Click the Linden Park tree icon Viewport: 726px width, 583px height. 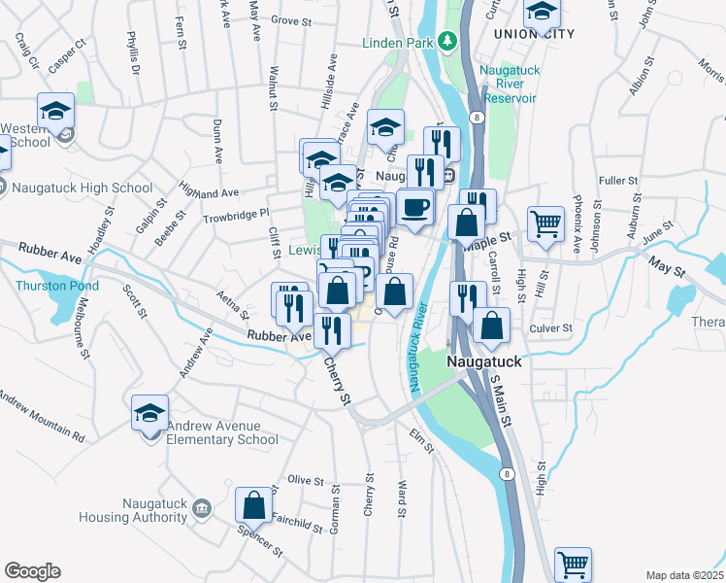446,41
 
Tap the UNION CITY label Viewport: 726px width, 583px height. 534,34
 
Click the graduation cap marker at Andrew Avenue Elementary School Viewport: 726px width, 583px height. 150,413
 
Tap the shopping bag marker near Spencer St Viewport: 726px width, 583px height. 253,505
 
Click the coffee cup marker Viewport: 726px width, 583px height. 415,207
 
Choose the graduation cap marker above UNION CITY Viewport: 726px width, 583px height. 542,12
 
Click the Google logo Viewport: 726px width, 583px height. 32,571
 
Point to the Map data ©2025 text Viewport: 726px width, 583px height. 683,575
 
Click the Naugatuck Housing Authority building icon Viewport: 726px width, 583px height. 202,508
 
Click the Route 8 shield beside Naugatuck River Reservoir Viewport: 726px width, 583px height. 478,117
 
